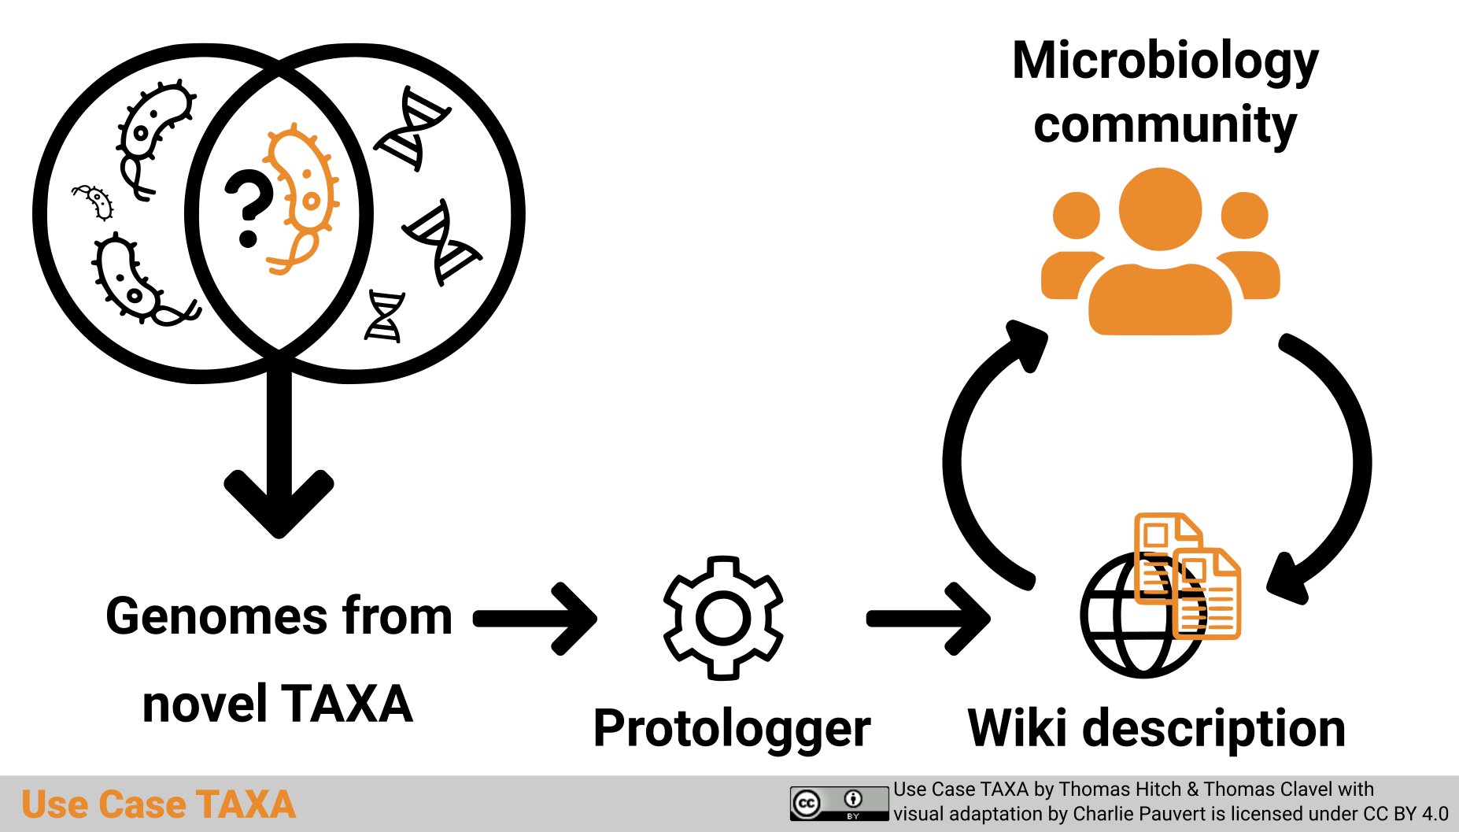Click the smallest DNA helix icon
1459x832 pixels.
point(385,316)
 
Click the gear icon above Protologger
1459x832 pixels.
point(723,618)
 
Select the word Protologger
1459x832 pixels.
point(731,728)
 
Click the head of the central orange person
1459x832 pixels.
point(1160,209)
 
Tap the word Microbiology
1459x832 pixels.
point(1165,61)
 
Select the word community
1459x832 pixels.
point(1165,125)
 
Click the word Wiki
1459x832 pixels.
point(1018,728)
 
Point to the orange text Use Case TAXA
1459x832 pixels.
point(158,804)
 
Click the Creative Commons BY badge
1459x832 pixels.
point(839,804)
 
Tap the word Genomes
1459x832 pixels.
point(216,616)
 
